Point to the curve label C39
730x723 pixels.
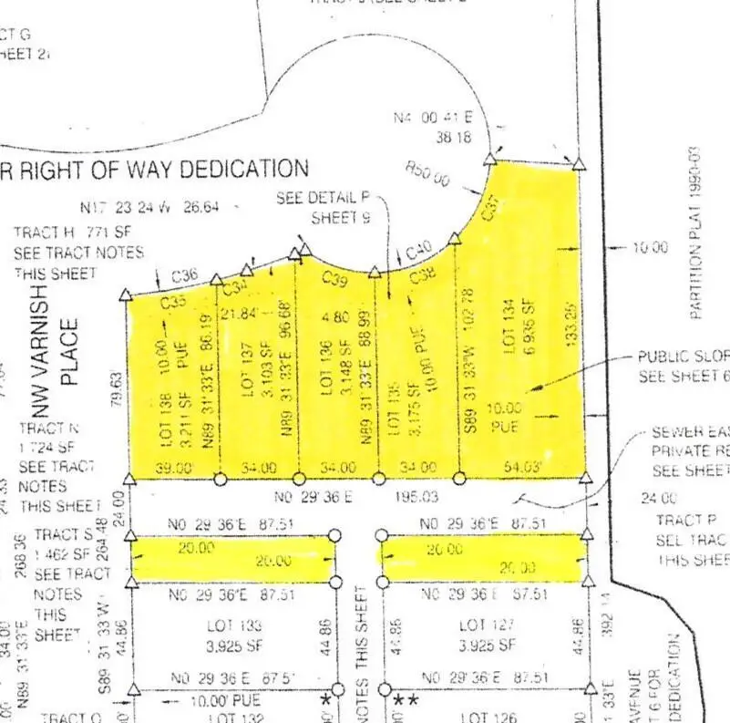pyautogui.click(x=335, y=282)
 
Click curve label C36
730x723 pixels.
pyautogui.click(x=184, y=274)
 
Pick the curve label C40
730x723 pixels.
pyautogui.click(x=418, y=250)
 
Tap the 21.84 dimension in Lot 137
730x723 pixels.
pyautogui.click(x=242, y=314)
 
